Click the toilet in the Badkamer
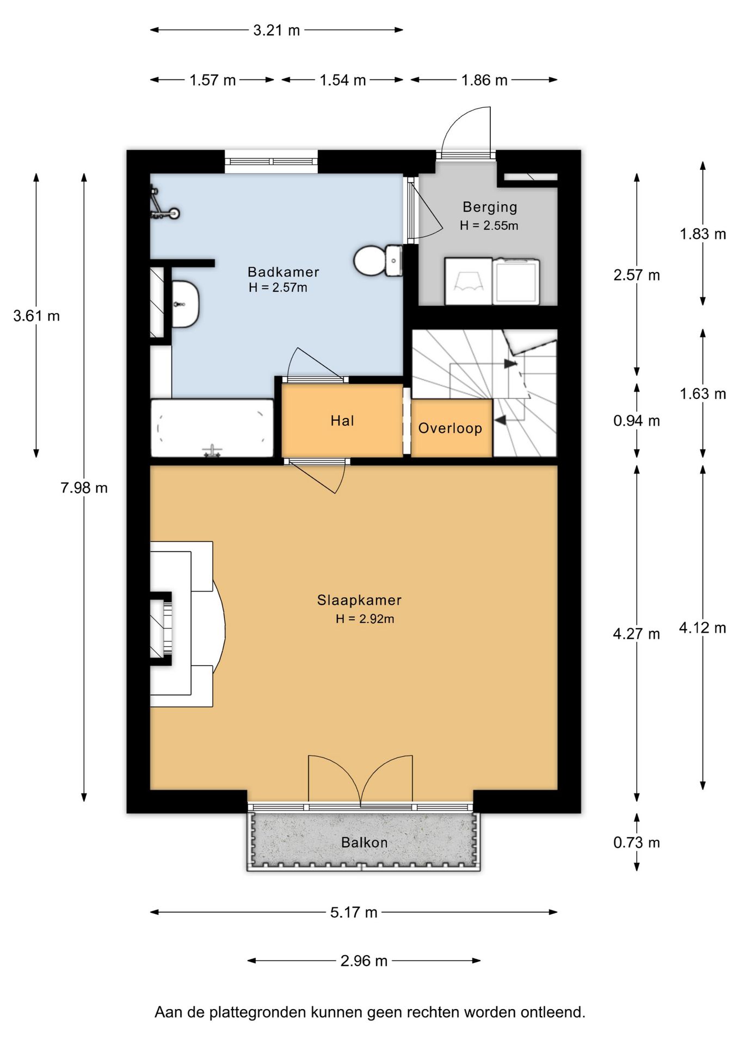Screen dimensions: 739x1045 click(378, 261)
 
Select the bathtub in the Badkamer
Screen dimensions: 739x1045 click(212, 428)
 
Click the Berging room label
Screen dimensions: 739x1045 click(490, 207)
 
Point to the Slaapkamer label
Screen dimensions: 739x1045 click(359, 600)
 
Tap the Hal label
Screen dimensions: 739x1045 click(342, 420)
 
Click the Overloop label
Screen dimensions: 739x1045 click(450, 428)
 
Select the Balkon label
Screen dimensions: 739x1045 click(364, 843)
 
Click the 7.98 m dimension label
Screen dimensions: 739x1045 click(84, 488)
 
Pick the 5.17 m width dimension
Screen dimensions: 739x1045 click(354, 912)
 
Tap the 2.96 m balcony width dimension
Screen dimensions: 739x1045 click(364, 961)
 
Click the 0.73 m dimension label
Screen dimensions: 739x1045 click(637, 843)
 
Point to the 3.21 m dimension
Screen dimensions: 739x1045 click(276, 30)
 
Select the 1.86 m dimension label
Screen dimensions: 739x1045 click(484, 81)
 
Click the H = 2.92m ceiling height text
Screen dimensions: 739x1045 click(365, 619)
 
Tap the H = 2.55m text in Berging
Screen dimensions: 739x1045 click(489, 225)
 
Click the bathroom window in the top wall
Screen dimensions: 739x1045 click(271, 162)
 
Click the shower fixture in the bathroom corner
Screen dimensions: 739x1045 click(164, 205)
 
